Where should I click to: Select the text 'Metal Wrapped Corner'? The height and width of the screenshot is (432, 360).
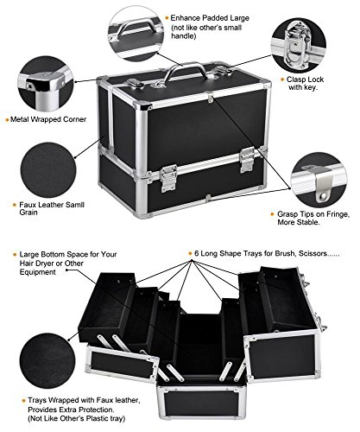pyautogui.click(x=48, y=119)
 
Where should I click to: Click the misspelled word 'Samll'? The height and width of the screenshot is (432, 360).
pyautogui.click(x=75, y=205)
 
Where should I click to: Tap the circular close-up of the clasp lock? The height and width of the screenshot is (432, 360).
pyautogui.click(x=299, y=45)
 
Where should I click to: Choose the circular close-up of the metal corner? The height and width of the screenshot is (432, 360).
pyautogui.click(x=46, y=84)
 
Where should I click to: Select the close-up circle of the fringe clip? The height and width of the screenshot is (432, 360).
pyautogui.click(x=319, y=181)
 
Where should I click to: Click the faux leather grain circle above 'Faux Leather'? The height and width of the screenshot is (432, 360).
pyautogui.click(x=48, y=170)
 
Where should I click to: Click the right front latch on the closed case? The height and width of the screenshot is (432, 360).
pyautogui.click(x=248, y=159)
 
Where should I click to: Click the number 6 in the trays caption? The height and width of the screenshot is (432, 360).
pyautogui.click(x=197, y=253)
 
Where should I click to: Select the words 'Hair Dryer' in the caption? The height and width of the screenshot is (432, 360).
pyautogui.click(x=37, y=264)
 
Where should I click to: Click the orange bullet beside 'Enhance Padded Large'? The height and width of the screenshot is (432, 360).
pyautogui.click(x=167, y=18)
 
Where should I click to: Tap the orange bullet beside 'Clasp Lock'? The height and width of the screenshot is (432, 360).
pyautogui.click(x=282, y=79)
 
